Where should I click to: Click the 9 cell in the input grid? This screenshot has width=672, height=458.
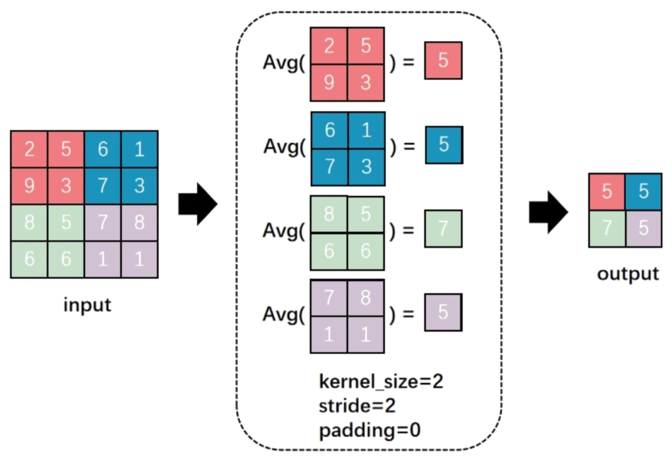coord(29,186)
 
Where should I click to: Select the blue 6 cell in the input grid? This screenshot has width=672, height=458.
coord(103,149)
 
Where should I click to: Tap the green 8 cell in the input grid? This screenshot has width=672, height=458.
coord(29,222)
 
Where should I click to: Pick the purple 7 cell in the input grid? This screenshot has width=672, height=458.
coord(103,222)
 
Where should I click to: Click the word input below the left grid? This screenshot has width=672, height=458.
coord(87,305)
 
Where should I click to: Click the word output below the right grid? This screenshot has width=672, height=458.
coord(627,273)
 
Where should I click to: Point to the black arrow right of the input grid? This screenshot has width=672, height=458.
coord(198,204)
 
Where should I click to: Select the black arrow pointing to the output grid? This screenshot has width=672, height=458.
coord(548,213)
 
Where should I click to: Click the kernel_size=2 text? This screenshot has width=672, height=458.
coord(381,381)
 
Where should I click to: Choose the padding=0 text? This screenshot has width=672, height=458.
coord(369,430)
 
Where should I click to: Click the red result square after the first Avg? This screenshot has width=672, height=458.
coord(443,61)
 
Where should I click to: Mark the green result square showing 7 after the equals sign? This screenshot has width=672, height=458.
coord(443,229)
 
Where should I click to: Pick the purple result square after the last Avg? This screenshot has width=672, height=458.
coord(443,312)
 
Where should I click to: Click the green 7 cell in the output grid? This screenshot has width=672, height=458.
coord(607,228)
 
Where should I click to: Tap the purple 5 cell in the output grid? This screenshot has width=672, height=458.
coord(643,228)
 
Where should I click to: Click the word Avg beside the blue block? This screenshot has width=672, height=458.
coord(281,147)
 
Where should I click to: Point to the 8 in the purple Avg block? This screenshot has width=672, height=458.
coord(366,298)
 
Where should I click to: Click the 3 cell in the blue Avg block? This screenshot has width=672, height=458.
coord(366,167)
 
